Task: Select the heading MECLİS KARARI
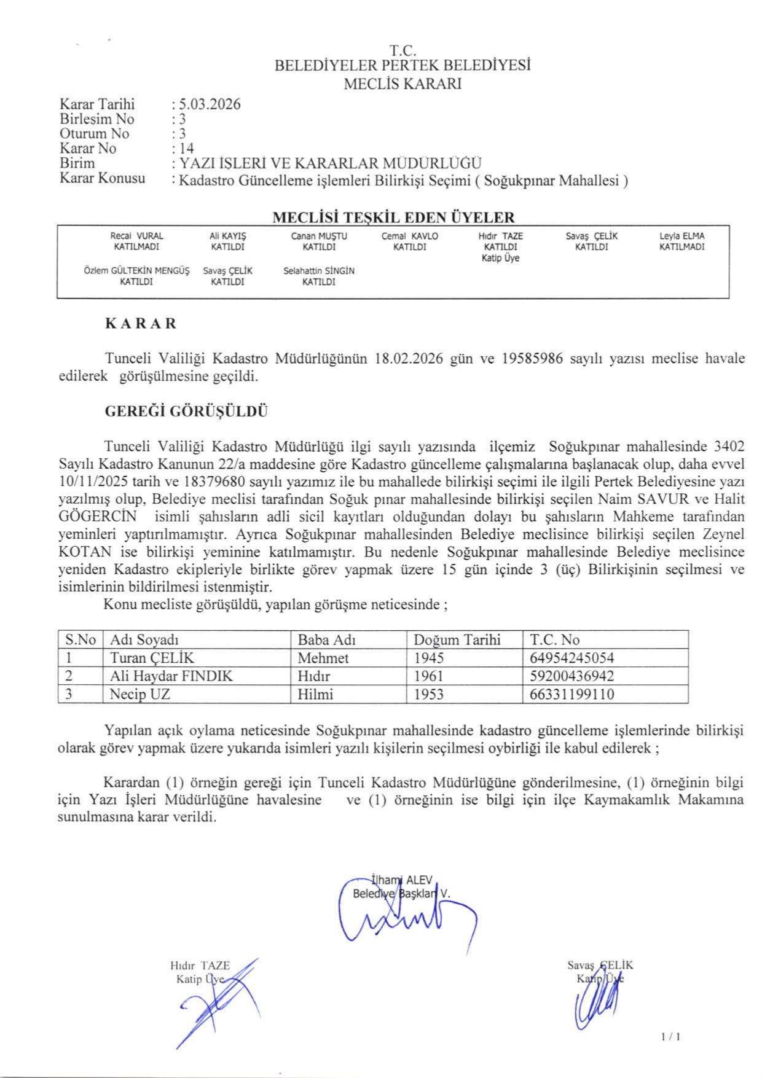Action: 403,84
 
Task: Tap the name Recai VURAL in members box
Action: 136,236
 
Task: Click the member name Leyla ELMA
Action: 681,236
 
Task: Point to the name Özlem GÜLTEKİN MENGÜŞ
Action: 136,271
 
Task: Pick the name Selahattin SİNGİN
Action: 319,271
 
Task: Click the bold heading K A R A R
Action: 141,324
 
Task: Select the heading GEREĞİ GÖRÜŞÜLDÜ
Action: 186,412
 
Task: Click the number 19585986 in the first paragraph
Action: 532,359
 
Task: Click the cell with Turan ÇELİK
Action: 152,658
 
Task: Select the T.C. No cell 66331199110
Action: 571,695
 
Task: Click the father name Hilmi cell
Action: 315,695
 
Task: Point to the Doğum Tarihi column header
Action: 457,639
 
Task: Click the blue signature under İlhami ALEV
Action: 406,920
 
